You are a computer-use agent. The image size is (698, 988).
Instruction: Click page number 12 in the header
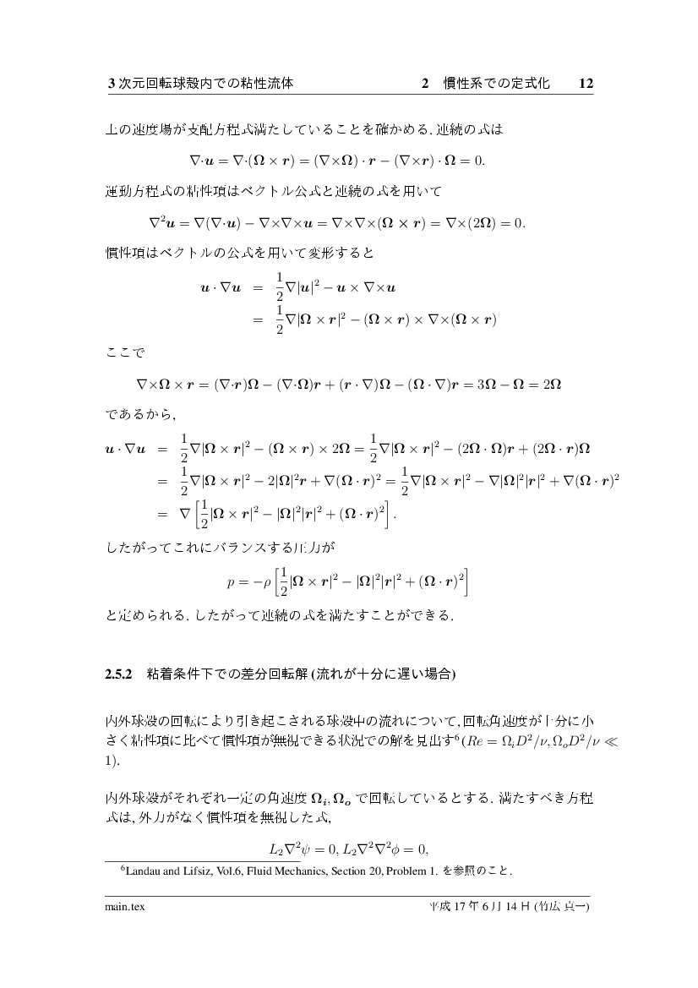[587, 84]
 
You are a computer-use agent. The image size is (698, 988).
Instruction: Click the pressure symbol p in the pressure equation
[231, 582]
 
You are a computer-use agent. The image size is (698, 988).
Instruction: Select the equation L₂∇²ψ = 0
[297, 849]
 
